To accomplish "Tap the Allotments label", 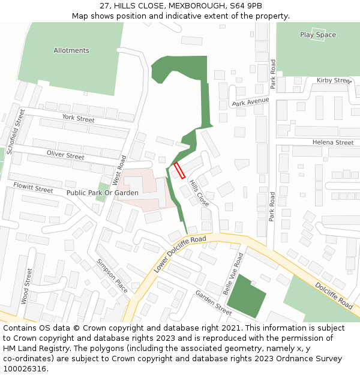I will click(71, 50).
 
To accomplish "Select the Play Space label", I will click(318, 35).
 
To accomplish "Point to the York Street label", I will click(78, 119).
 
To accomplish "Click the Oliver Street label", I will click(65, 155).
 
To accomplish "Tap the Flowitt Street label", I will click(33, 188).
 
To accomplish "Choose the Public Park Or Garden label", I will click(103, 193).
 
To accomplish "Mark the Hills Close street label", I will click(199, 193).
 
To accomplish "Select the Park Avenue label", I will click(251, 102).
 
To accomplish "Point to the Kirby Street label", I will click(334, 80).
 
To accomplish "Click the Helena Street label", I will click(333, 142).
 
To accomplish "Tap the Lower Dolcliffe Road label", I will click(179, 254).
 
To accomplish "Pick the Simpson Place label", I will click(112, 276).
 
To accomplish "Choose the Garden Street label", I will click(213, 302).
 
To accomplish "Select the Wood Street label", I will click(25, 286).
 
